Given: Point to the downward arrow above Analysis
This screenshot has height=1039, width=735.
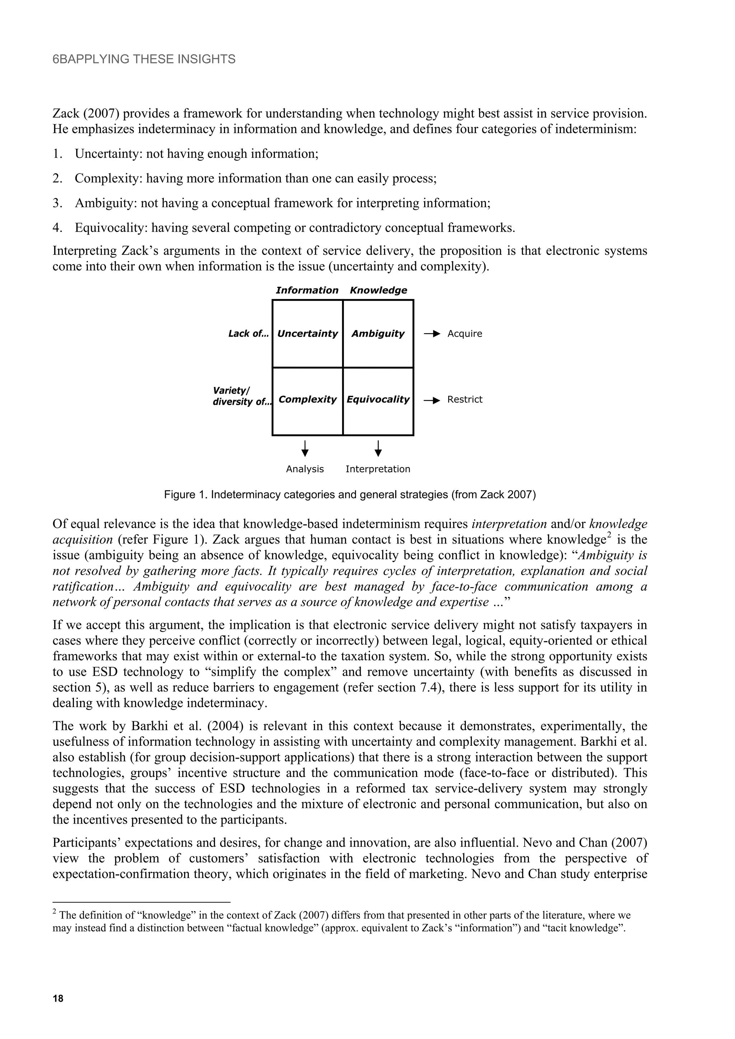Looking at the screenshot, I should [x=305, y=448].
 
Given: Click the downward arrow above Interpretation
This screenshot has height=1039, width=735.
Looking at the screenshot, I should [x=378, y=448].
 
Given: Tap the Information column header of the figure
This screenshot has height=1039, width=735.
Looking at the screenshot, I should [x=307, y=290].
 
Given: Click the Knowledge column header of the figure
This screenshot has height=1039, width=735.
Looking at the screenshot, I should [x=378, y=290].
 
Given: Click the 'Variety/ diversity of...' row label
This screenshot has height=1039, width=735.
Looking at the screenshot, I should [x=242, y=396].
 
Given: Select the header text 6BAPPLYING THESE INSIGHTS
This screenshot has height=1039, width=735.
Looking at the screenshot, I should [x=144, y=59].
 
